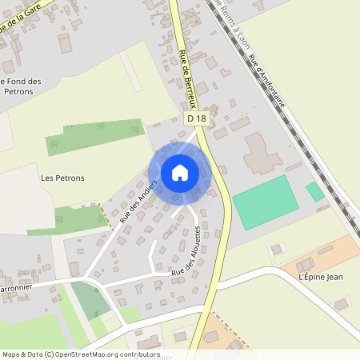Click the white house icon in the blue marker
pyautogui.click(x=180, y=173)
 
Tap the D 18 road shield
pyautogui.click(x=196, y=118)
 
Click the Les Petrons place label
pyautogui.click(x=62, y=178)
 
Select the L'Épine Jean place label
pyautogui.click(x=320, y=277)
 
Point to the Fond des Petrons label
pyautogui.click(x=22, y=86)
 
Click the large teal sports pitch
pyautogui.click(x=260, y=202)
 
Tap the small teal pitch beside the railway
pyautogui.click(x=315, y=191)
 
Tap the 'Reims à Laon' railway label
pyautogui.click(x=232, y=26)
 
